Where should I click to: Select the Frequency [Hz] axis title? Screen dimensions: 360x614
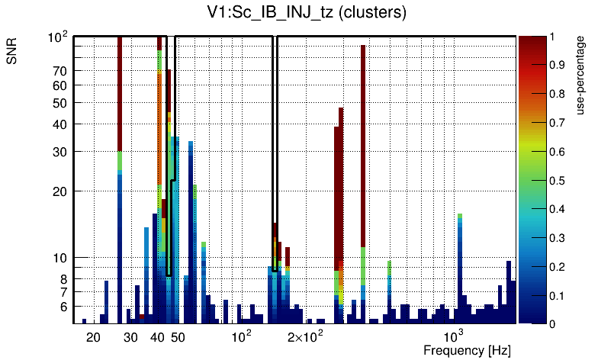pyautogui.click(x=467, y=350)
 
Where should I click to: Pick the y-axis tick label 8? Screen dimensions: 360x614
pyautogui.click(x=64, y=279)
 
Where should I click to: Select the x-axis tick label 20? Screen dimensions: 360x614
pyautogui.click(x=93, y=338)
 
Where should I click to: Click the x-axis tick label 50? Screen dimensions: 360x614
pyautogui.click(x=178, y=338)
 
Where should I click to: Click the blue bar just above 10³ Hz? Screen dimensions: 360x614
pyautogui.click(x=460, y=267)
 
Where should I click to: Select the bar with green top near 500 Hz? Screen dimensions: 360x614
pyautogui.click(x=389, y=290)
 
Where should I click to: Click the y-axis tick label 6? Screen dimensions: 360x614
pyautogui.click(x=64, y=307)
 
